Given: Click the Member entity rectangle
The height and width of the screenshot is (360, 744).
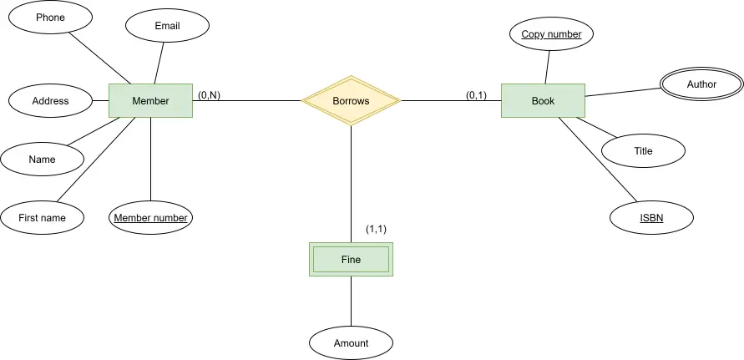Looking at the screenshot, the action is [x=151, y=101].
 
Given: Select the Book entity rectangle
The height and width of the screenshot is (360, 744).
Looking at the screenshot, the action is [x=543, y=101].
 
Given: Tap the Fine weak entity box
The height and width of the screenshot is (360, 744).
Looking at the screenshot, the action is [x=351, y=259].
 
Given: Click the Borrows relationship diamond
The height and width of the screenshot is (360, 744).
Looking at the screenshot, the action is [x=351, y=101].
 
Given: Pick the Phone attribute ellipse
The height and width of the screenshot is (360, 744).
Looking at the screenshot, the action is [x=50, y=18].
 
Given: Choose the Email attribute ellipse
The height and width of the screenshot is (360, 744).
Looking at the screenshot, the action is [x=168, y=26].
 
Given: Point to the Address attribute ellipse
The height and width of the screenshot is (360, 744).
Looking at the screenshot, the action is [x=50, y=101].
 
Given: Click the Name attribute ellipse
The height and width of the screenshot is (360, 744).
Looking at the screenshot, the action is [x=43, y=159].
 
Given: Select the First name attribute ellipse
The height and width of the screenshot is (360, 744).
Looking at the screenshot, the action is [x=43, y=218].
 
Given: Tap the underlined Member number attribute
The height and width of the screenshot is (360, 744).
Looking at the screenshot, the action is [x=151, y=218].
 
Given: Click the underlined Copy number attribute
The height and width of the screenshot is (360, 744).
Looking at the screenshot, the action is [x=551, y=33].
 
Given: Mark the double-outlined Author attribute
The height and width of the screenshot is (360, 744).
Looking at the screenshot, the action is [x=701, y=84].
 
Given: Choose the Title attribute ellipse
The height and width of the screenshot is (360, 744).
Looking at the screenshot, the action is [x=644, y=151].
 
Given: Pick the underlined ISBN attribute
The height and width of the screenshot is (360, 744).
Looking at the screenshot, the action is [x=651, y=218].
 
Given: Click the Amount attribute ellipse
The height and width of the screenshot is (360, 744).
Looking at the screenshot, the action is [x=351, y=343].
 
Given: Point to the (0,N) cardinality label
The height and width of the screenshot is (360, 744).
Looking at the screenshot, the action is [x=209, y=95].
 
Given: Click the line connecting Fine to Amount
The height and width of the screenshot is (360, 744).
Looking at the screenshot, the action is [x=351, y=301].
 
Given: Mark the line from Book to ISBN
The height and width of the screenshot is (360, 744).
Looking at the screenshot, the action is [x=597, y=160].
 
